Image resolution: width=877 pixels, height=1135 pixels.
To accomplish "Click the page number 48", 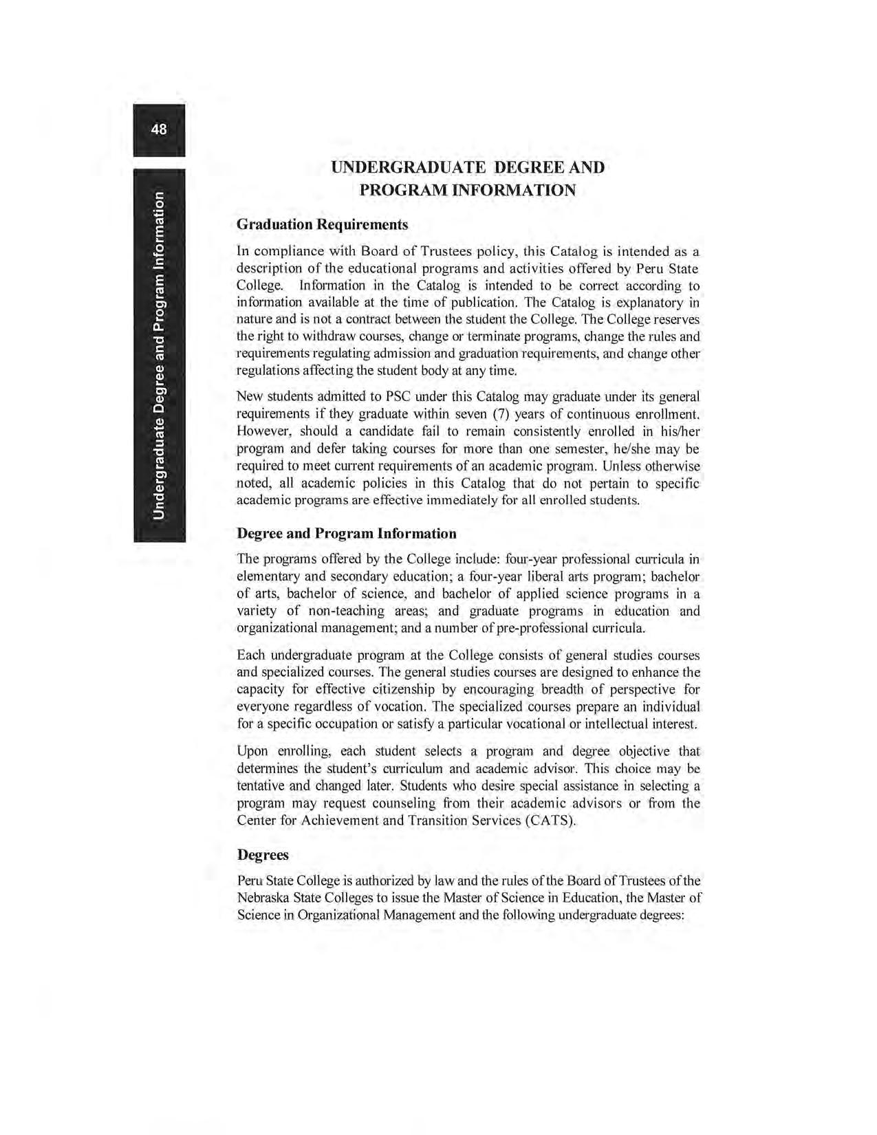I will point(159,129).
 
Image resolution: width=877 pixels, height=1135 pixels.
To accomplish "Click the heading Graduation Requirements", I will point(322,225).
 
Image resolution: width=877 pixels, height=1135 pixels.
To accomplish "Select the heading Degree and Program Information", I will point(346,534).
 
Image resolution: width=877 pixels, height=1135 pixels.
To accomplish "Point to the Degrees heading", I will point(263,855).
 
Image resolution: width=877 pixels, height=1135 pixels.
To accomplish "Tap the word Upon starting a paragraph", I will point(252,751).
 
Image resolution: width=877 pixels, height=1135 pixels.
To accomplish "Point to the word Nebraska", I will point(263,898).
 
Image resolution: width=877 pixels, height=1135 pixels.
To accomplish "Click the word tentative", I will point(261,786).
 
